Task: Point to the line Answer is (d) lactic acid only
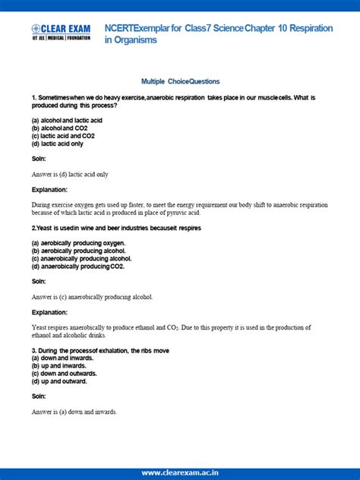coord(70,174)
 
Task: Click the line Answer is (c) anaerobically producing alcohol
coord(92,296)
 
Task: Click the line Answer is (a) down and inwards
coord(74,412)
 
